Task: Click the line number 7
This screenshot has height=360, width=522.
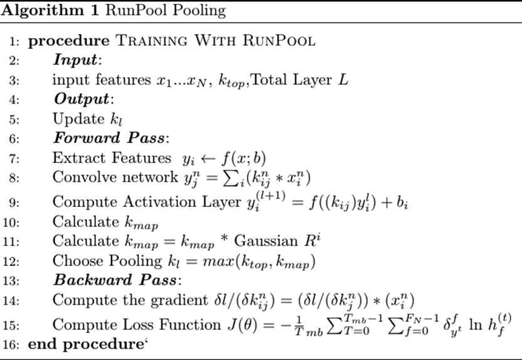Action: (13, 157)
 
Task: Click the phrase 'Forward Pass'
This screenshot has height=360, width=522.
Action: (101, 138)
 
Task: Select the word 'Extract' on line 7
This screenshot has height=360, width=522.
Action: (74, 157)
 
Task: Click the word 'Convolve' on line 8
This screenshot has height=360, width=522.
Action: (79, 177)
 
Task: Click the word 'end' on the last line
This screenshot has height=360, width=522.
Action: (40, 344)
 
